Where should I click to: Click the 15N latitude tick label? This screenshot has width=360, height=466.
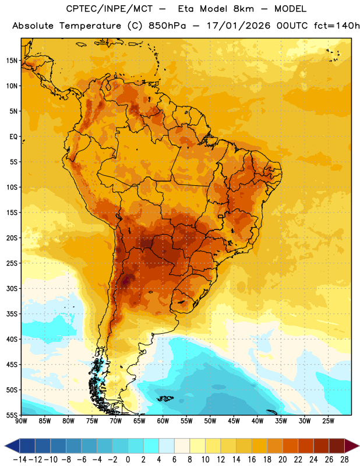12,61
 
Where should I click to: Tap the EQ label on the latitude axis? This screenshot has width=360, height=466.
13,137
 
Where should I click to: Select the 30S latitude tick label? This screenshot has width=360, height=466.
12,288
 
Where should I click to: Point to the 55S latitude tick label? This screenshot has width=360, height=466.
12,415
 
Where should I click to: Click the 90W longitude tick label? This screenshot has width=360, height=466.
21,421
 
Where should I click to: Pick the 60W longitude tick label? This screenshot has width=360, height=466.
163,421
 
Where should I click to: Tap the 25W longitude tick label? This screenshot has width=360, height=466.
328,421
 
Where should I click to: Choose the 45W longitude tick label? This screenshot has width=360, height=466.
234,421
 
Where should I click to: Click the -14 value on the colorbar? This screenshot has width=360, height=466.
20,460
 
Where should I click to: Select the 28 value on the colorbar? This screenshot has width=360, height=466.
344,460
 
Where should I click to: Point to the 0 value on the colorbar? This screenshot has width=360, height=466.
128,460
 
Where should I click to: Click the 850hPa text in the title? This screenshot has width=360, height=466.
167,26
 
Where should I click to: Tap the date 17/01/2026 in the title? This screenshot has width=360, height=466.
238,26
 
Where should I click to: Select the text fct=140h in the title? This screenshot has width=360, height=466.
337,26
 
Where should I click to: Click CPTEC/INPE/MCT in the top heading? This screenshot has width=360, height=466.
110,9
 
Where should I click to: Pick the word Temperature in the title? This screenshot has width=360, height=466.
90,26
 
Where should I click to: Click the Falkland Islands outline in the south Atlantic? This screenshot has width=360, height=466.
165,398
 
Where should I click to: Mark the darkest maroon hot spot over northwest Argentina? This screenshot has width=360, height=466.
127,280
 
